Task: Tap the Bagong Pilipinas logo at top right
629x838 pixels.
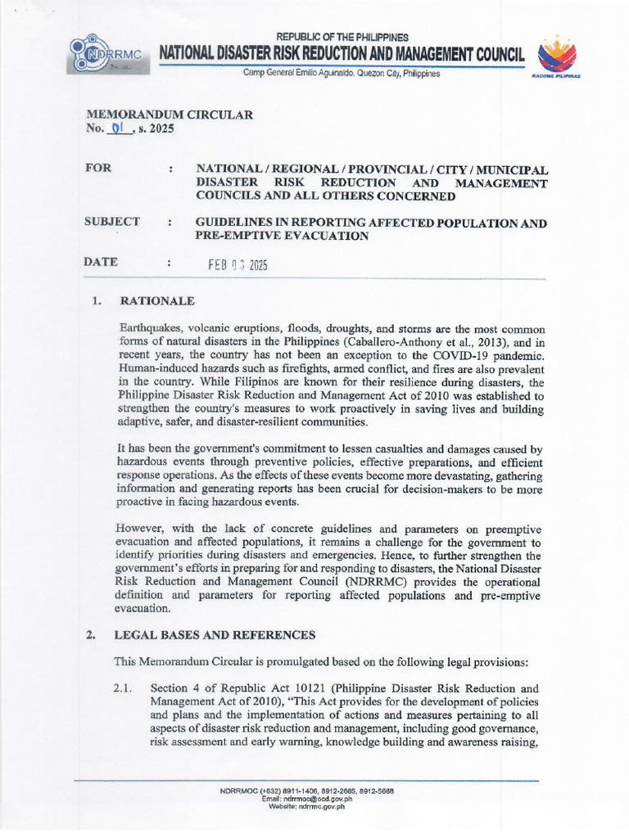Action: coord(556,57)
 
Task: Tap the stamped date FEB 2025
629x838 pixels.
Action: coord(238,265)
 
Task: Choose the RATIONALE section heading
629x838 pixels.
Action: coord(156,300)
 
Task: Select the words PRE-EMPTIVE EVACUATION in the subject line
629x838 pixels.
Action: coord(282,236)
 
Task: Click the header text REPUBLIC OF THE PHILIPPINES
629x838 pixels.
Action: coord(342,38)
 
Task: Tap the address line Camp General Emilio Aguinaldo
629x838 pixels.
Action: coord(341,74)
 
